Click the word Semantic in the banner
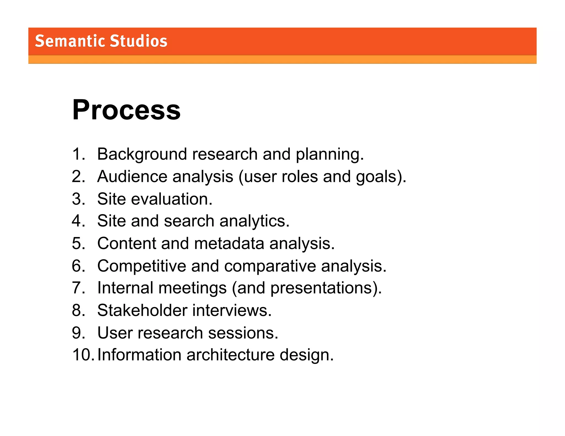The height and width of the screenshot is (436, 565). click(70, 41)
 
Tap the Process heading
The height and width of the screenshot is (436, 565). click(126, 110)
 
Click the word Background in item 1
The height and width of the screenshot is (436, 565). click(142, 154)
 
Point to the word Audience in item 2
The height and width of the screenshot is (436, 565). click(132, 176)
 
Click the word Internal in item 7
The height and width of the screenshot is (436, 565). click(125, 288)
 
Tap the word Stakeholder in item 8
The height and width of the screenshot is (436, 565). click(142, 311)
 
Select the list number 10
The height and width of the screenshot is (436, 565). click(82, 355)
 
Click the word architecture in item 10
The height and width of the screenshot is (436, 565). click(230, 355)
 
